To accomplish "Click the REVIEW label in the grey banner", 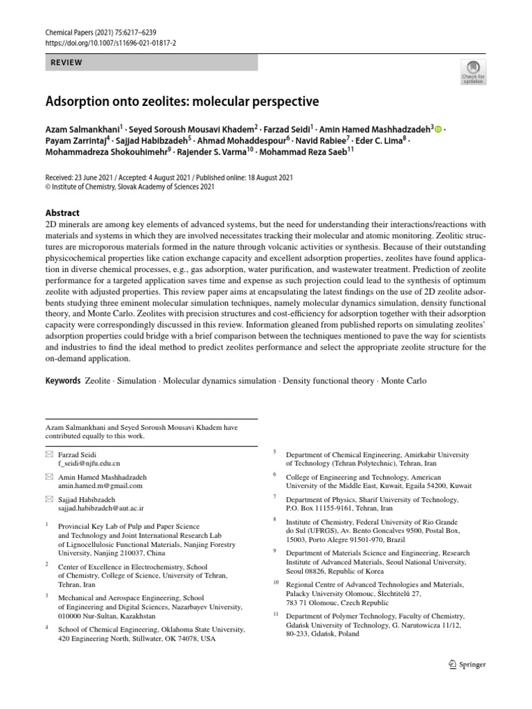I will pyautogui.click(x=66, y=63).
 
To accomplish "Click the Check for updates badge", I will pyautogui.click(x=473, y=71).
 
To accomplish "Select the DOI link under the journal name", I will pyautogui.click(x=111, y=42).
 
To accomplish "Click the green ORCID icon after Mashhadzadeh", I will pyautogui.click(x=438, y=128).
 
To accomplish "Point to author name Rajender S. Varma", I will pyautogui.click(x=216, y=152).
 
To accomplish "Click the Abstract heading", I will pyautogui.click(x=62, y=213).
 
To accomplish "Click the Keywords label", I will pyautogui.click(x=62, y=381).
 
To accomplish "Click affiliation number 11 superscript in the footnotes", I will pyautogui.click(x=274, y=615).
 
